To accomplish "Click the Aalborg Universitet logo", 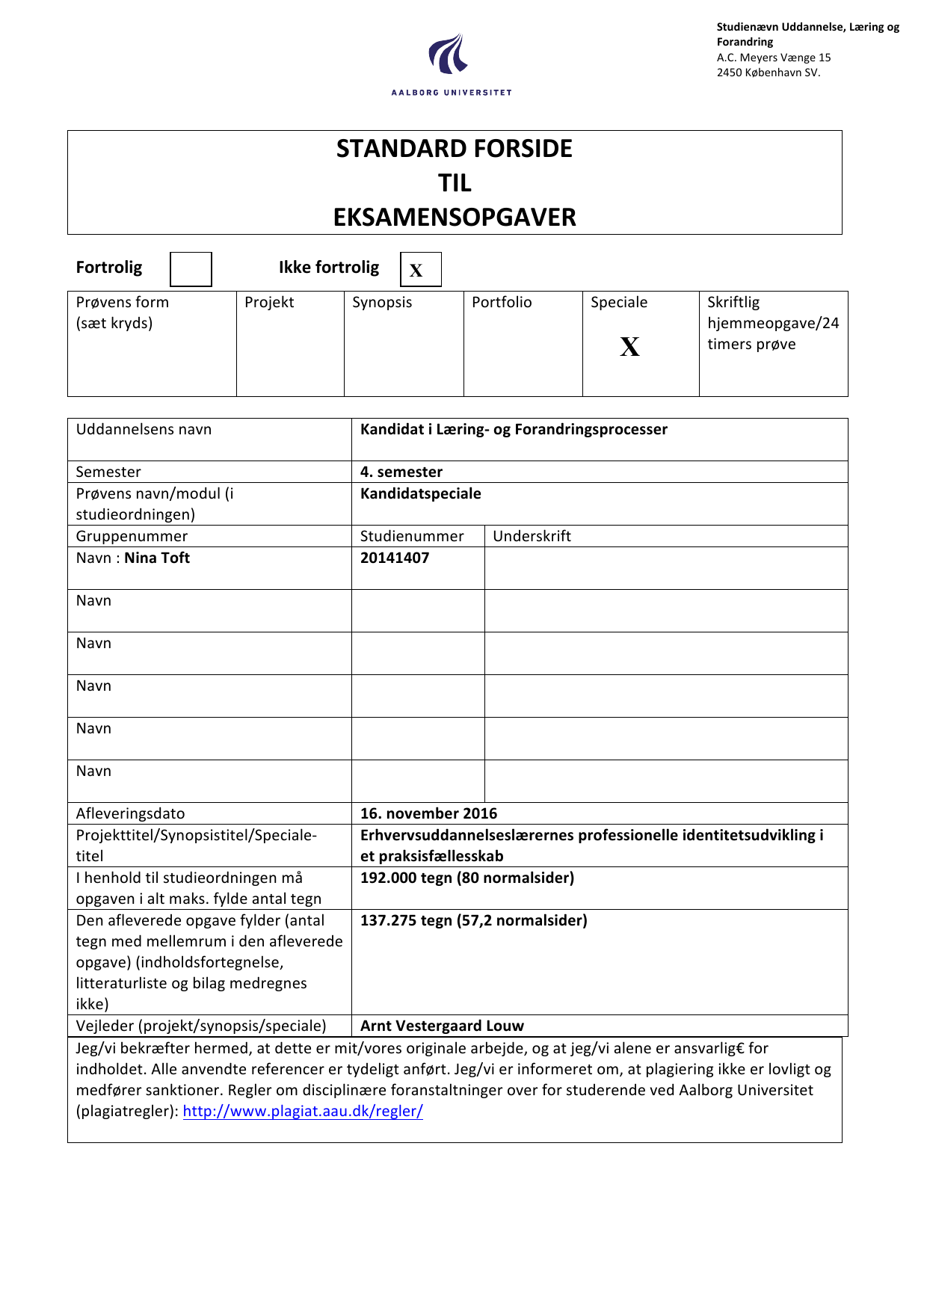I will (451, 64).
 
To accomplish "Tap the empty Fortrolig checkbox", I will (191, 269).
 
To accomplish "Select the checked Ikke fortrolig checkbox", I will (420, 270).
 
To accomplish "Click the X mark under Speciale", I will (629, 347).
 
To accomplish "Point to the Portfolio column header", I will (502, 302).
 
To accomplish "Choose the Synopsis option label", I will (382, 302).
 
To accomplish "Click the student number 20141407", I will (395, 558).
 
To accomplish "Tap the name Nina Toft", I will (157, 558).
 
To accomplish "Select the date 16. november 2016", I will (428, 813).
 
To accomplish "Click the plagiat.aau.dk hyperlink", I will (303, 1111).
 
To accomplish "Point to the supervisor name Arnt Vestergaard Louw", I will (442, 1026).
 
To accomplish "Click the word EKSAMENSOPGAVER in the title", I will (455, 218).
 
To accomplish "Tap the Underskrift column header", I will (532, 536).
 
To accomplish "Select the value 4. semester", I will (401, 472).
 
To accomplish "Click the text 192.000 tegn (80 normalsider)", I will (467, 878).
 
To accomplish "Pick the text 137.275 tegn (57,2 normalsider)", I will (473, 920).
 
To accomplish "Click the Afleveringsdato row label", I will (130, 813).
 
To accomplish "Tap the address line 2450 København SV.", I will (769, 73).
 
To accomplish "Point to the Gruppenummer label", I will (132, 536).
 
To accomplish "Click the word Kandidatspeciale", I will (421, 493).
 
